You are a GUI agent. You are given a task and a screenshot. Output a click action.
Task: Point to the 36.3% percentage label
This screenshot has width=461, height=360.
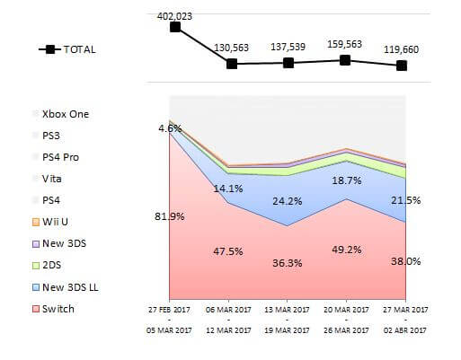[x=288, y=263]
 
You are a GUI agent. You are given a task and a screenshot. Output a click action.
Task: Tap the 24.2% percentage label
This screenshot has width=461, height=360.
[x=288, y=201]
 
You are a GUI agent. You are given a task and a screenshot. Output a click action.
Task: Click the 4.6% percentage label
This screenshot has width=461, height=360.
[x=169, y=128]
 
